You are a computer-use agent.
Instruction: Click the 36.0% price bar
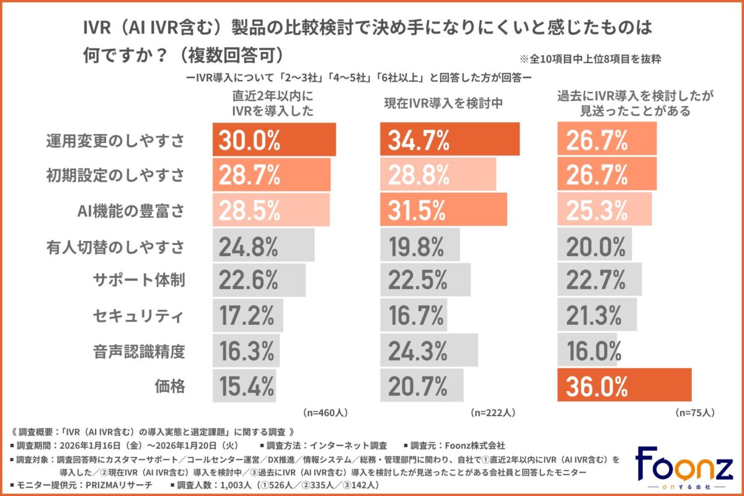coord(624,386)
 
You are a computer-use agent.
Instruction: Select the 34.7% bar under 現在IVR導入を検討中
coord(449,139)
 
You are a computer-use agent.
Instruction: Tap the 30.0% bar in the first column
coord(275,139)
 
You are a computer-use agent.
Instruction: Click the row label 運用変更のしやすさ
coord(115,140)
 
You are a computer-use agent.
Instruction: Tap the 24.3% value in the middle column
coord(418,351)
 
